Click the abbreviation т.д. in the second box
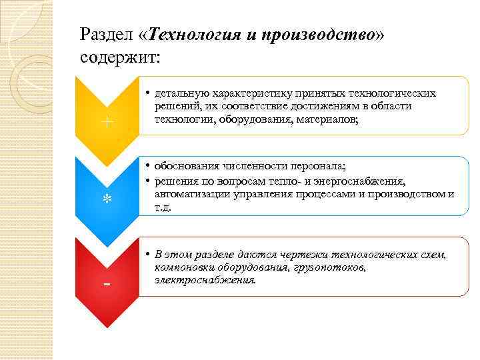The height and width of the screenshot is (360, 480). pyautogui.click(x=163, y=207)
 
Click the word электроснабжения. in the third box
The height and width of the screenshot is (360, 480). pyautogui.click(x=205, y=280)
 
